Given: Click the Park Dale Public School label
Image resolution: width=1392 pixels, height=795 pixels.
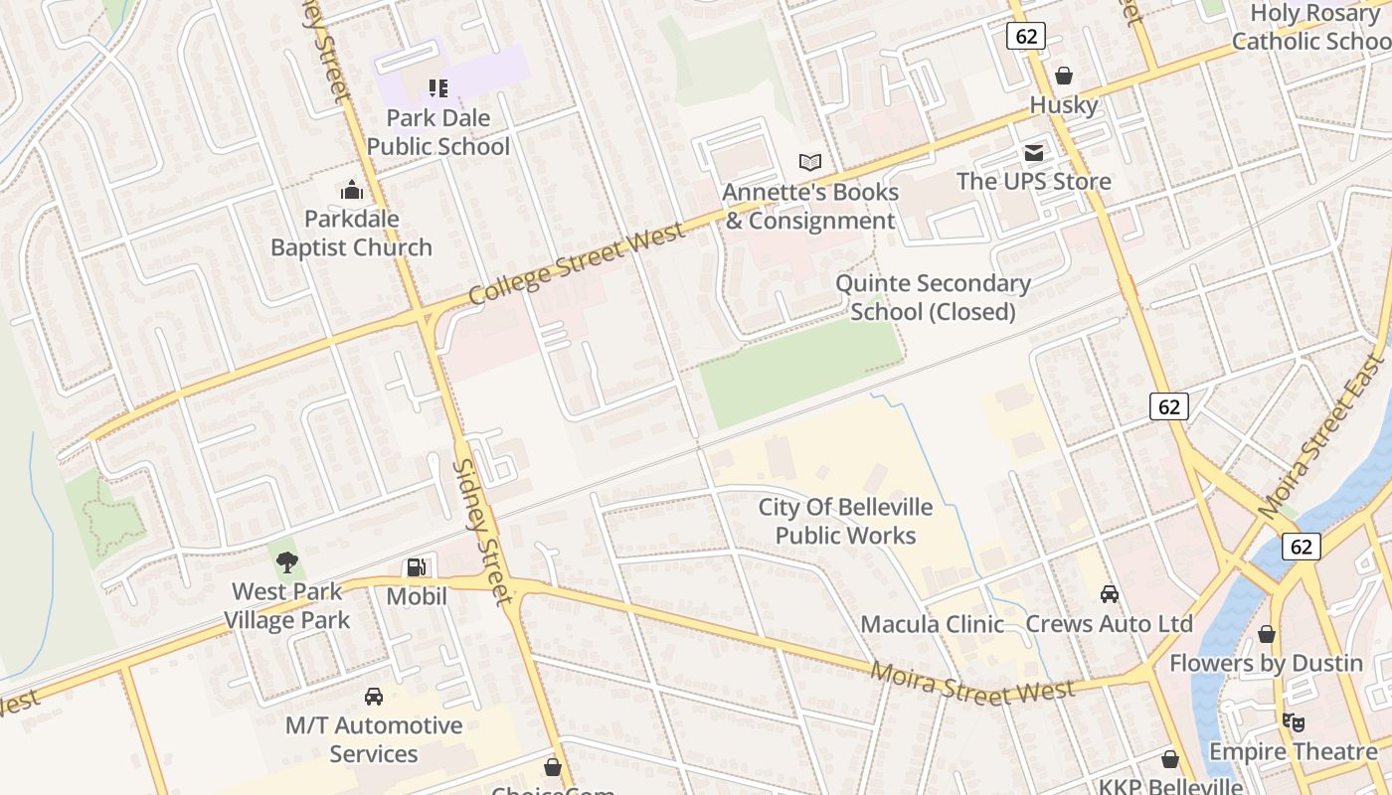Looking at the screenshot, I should [437, 132].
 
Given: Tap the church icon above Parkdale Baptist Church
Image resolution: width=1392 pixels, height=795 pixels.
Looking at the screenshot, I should [351, 190].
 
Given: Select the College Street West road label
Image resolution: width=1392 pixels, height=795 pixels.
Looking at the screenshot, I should [577, 264].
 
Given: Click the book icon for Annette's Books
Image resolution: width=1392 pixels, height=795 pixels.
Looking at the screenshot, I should [810, 162].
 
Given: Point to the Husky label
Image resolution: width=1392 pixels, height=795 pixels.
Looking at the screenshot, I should [1063, 105].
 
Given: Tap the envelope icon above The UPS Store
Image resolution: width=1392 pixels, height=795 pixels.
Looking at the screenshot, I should [1034, 153].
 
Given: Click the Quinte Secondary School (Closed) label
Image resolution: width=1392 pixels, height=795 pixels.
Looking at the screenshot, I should [933, 297].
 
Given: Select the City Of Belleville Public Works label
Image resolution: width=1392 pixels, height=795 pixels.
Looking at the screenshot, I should [845, 522].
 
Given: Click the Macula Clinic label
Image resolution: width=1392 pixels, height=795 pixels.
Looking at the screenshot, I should [932, 624].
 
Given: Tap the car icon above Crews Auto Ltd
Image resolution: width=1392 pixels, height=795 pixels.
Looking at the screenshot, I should [1109, 594].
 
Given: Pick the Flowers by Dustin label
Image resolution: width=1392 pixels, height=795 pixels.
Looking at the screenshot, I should [1266, 663].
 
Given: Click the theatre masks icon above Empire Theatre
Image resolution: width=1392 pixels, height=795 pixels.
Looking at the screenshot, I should [1292, 721].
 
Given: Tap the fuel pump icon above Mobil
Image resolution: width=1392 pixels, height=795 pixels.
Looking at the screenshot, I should [417, 567].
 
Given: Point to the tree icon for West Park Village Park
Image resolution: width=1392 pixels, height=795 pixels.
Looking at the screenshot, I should [287, 562].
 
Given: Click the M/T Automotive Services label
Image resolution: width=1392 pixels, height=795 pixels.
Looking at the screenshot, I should [374, 739].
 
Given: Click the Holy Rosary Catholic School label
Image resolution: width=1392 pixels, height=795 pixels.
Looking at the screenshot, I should [1312, 27].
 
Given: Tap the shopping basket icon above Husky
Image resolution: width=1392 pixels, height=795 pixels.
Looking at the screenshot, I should [1063, 76].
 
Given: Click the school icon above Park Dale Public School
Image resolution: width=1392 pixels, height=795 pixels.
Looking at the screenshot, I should [437, 88].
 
